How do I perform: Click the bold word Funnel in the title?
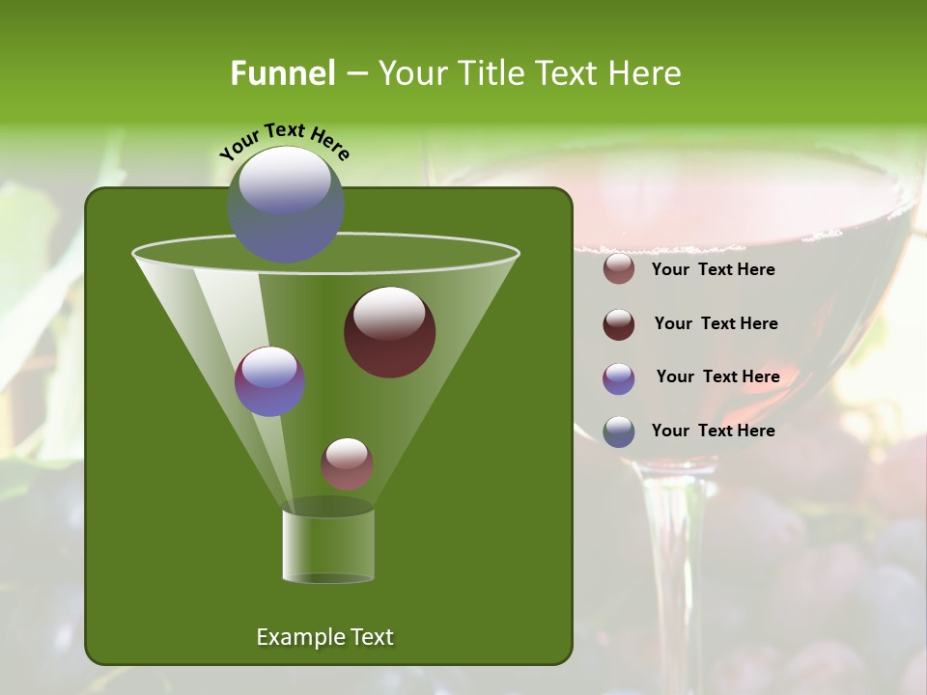(x=282, y=73)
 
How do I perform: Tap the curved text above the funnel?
(x=284, y=140)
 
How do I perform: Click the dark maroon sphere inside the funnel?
(x=389, y=332)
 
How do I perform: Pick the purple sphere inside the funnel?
(x=269, y=381)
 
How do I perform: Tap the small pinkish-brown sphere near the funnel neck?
(x=347, y=463)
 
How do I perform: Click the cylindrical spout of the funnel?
(x=328, y=545)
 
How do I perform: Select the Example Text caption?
(x=324, y=637)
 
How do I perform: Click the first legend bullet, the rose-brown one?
(x=619, y=269)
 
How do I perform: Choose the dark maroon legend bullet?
(x=619, y=324)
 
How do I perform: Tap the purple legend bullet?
(x=619, y=378)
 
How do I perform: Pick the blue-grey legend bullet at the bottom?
(x=619, y=431)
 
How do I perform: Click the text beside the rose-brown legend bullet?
(x=713, y=269)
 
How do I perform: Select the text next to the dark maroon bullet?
(x=716, y=323)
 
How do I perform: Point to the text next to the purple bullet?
(x=717, y=376)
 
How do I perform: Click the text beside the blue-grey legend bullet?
(x=713, y=431)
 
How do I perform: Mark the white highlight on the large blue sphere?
(x=284, y=181)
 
